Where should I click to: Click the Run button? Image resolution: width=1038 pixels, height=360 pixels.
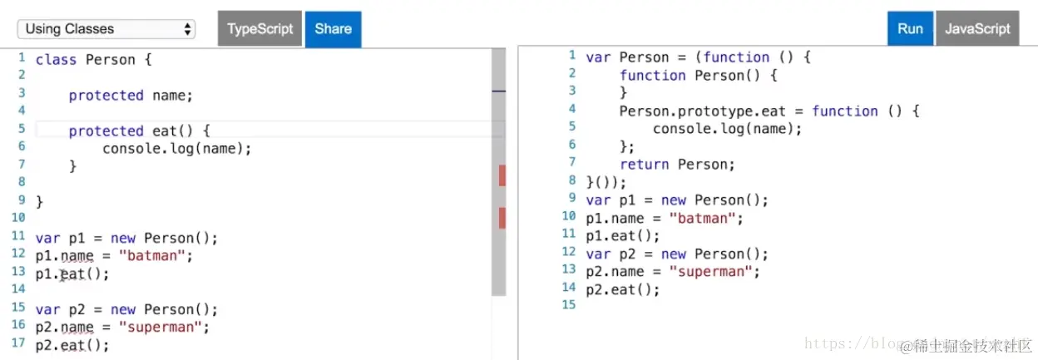click(910, 28)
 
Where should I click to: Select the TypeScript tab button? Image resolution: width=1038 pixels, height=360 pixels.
click(259, 28)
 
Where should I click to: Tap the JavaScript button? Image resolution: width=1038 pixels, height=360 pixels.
click(977, 28)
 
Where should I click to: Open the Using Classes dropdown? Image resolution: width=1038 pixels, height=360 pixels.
click(106, 29)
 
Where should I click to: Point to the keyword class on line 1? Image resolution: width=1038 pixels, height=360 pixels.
click(56, 60)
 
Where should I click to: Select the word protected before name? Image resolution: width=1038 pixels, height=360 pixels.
click(106, 96)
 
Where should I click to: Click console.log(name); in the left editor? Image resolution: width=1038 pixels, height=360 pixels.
click(176, 149)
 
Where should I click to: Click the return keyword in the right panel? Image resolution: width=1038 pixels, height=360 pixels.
click(644, 165)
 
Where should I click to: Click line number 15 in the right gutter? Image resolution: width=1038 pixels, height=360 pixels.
click(569, 305)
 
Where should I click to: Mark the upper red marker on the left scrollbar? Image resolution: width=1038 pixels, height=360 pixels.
click(502, 175)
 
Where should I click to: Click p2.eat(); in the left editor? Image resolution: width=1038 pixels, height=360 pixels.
click(72, 346)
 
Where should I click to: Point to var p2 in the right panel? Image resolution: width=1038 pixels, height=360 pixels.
click(610, 254)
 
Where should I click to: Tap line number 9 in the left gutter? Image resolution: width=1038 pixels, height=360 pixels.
click(22, 200)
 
